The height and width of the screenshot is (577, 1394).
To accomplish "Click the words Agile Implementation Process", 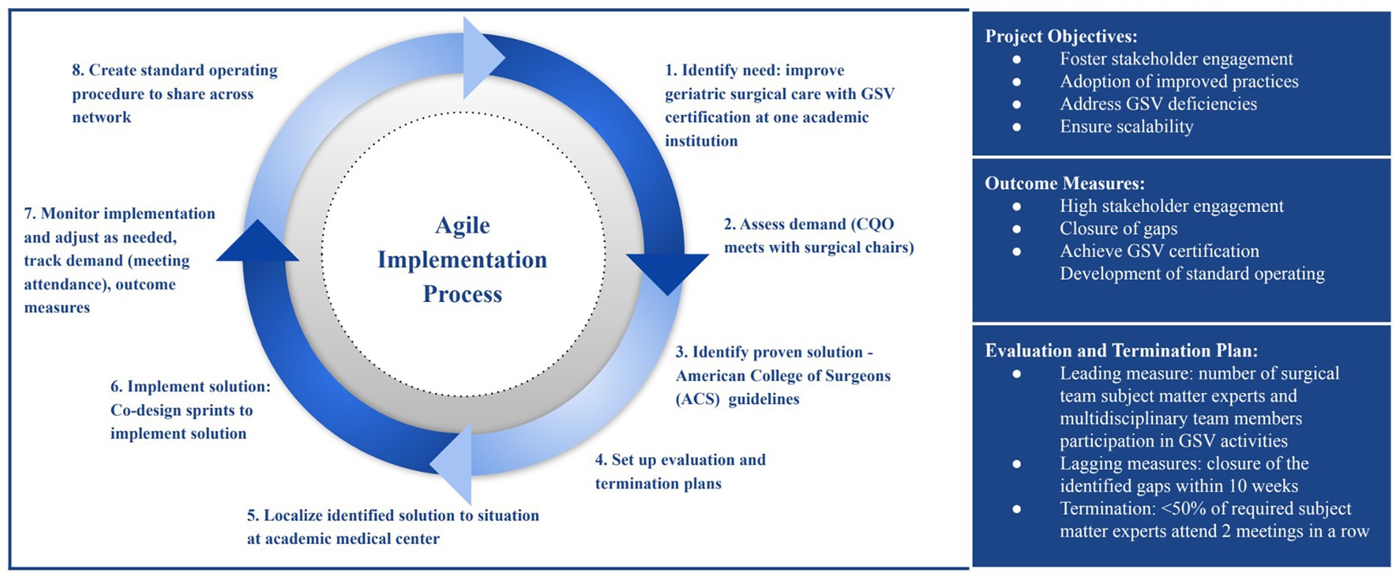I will click(462, 260).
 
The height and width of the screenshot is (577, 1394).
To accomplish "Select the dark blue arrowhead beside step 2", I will click(667, 271).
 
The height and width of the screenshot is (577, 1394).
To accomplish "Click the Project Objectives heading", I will click(1061, 36).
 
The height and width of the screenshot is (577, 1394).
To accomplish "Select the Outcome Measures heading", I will click(1064, 183).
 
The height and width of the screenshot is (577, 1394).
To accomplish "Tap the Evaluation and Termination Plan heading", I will click(1121, 350).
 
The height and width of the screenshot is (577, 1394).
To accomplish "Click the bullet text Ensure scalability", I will click(1126, 126).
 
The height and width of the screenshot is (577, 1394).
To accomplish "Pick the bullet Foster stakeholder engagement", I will click(1176, 59).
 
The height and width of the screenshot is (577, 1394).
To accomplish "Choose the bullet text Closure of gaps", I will click(1118, 229).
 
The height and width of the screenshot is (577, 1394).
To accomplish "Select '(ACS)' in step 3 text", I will click(697, 400).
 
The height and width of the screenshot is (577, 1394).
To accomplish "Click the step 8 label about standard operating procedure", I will click(175, 93).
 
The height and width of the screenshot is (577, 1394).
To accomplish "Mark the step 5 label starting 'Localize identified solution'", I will click(392, 515).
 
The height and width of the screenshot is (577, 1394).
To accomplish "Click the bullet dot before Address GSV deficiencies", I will click(1016, 104).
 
